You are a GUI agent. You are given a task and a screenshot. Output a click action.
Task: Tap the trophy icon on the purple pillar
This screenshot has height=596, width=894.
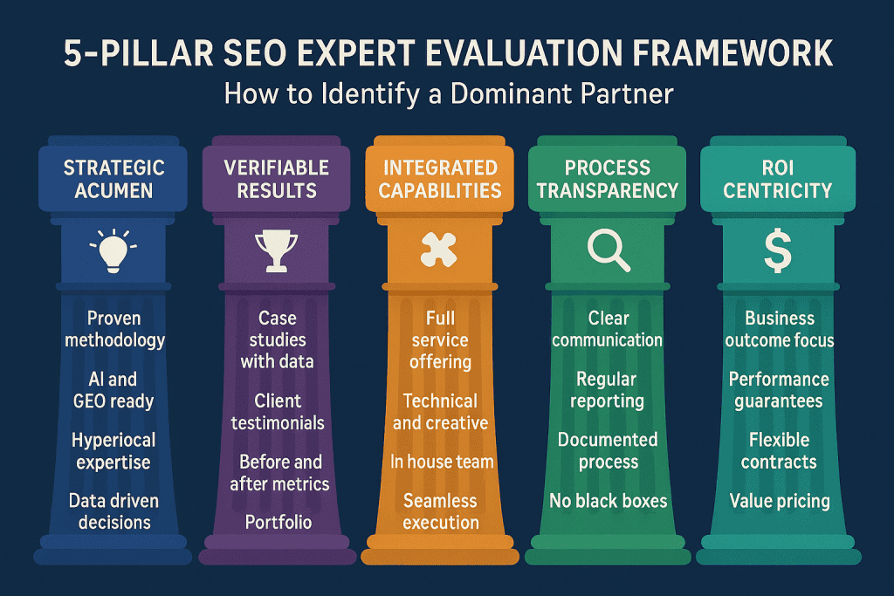tap(276, 251)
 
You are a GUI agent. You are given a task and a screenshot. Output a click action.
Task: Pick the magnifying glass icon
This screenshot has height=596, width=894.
tap(607, 250)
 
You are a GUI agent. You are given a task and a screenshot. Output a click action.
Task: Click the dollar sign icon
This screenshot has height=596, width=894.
tap(776, 251)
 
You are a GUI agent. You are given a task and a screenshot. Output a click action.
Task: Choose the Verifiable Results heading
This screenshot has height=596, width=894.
tap(277, 178)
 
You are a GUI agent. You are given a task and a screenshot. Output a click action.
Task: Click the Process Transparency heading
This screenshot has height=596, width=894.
tap(609, 178)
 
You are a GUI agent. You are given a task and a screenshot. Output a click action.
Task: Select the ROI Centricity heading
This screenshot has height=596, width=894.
tap(778, 178)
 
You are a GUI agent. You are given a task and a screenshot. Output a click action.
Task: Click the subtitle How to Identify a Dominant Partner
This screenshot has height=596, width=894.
tap(448, 93)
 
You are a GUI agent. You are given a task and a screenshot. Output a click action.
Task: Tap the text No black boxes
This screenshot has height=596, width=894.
tap(609, 501)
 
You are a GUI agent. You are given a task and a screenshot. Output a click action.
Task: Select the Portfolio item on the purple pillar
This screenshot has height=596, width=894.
tap(277, 523)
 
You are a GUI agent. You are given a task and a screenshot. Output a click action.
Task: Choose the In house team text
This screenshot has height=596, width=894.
tap(442, 462)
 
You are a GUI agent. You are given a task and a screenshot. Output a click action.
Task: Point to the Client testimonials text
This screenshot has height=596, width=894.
tap(277, 412)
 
